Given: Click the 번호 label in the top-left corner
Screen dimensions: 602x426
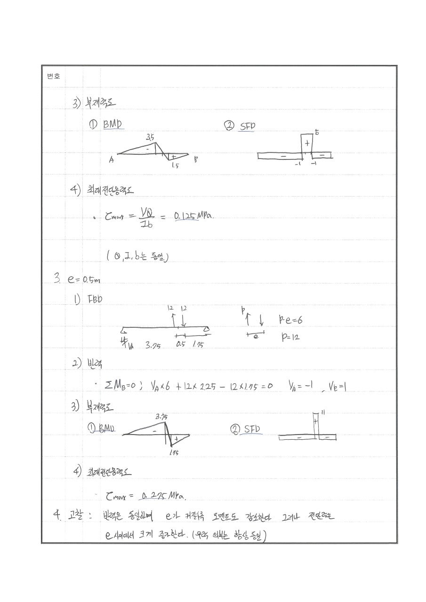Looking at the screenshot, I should pos(53,76).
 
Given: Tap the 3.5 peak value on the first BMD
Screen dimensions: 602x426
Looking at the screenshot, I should pos(150,137).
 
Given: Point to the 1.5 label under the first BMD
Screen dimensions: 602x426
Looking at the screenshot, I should pos(175,166).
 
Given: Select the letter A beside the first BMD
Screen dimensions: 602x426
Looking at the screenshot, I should pos(111,160).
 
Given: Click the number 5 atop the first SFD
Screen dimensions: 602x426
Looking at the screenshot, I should pos(317,133).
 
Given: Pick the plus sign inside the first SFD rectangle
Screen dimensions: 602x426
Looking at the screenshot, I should pos(307,143).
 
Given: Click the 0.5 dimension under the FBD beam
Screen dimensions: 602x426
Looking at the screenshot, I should pos(181,344).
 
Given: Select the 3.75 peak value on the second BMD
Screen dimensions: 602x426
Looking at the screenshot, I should pos(161,417).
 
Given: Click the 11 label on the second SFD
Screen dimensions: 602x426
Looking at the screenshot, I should pos(323,412).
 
